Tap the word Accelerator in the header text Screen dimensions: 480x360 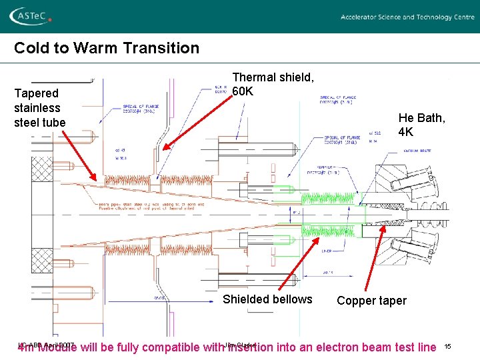362,17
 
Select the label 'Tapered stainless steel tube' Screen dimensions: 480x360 39,108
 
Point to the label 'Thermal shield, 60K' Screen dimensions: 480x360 273,84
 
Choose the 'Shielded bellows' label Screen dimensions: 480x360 267,299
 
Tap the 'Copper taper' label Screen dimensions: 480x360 371,301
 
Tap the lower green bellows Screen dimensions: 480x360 327,231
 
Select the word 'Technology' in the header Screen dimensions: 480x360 434,17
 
